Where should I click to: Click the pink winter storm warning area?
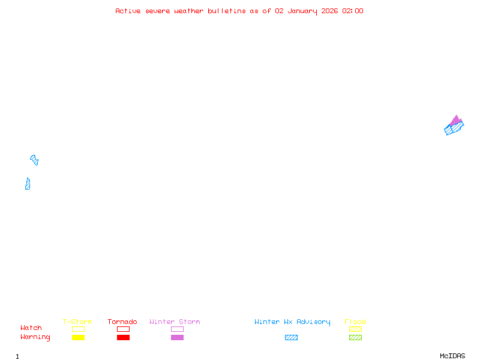(456, 121)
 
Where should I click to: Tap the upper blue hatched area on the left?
(34, 160)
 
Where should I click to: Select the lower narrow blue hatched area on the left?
(28, 184)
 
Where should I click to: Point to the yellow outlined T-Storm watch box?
(78, 329)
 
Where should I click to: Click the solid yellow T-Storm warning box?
(78, 337)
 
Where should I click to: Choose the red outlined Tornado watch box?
(123, 329)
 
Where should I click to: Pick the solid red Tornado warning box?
(123, 337)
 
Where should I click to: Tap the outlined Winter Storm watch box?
(177, 329)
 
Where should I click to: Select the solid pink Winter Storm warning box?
(177, 337)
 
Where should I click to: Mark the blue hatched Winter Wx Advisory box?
(291, 337)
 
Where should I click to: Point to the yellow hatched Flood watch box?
(355, 329)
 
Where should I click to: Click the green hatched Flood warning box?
(355, 337)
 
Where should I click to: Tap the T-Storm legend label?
(77, 322)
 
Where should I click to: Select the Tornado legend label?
(122, 322)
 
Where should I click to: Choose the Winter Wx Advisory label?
(292, 322)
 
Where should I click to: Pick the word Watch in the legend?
(31, 328)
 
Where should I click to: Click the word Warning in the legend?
(35, 337)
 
